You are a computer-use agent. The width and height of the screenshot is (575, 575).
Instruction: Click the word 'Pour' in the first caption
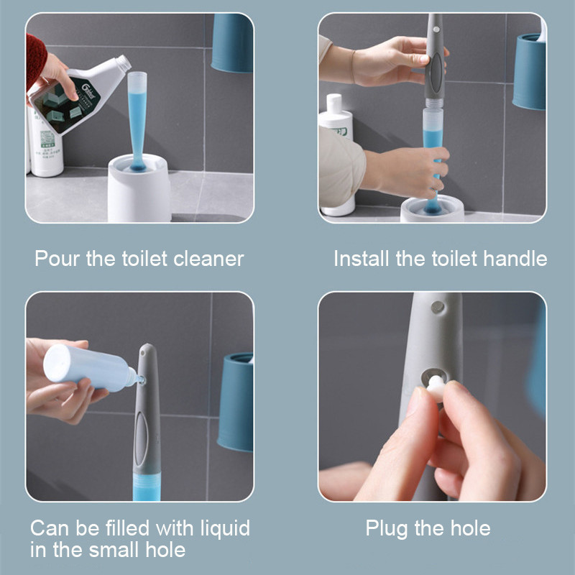pos(57,259)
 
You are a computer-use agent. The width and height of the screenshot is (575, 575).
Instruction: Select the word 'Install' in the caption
pos(362,259)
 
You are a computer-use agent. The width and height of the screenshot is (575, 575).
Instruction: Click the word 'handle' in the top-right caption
pos(512,259)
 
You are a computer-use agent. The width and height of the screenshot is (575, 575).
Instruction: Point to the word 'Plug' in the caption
pos(387,529)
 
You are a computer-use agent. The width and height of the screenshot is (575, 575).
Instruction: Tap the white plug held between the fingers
pos(434,386)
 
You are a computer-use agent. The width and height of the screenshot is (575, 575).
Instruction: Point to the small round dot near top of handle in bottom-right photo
pos(436,307)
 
